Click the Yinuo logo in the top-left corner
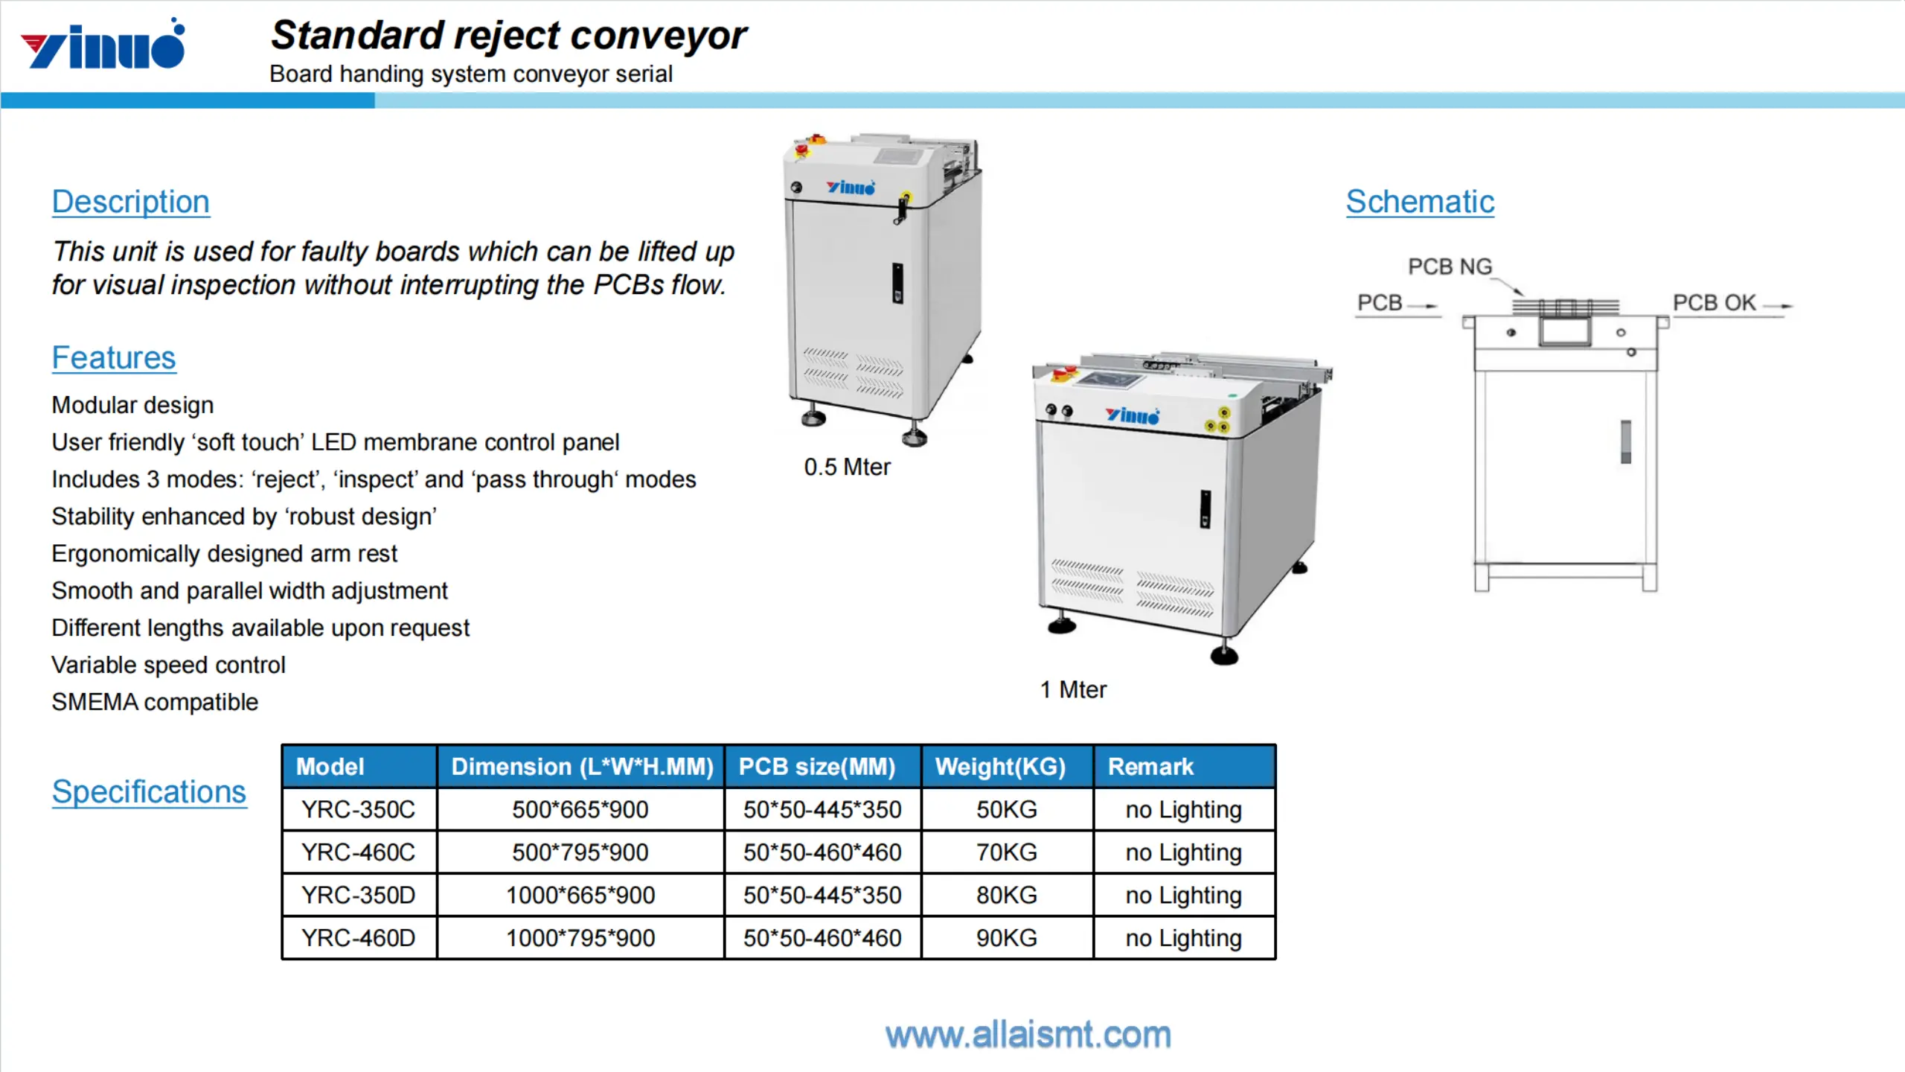coord(103,45)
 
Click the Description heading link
coord(131,202)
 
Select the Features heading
coord(114,358)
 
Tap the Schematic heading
coord(1420,202)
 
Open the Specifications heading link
coord(149,791)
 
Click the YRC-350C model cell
coord(358,809)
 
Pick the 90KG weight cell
coord(1006,938)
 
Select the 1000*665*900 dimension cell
coord(580,895)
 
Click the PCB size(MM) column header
coord(816,767)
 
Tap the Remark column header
coord(1150,767)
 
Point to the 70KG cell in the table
coord(1006,852)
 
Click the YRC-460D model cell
coord(358,938)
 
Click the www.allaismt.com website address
coord(1028,1035)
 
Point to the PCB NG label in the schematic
coord(1450,267)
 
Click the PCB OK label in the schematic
coord(1714,303)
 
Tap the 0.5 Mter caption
coord(847,468)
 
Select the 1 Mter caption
coord(1073,690)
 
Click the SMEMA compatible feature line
coord(155,702)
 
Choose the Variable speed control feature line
coord(168,665)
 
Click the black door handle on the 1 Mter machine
coord(1205,509)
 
